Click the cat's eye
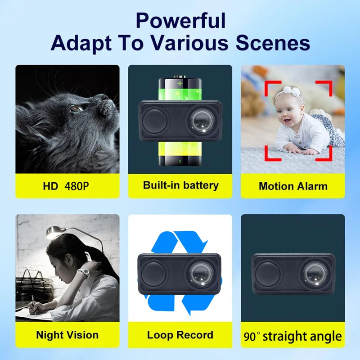click(74, 108)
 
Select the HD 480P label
click(67, 185)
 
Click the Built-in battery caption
click(180, 185)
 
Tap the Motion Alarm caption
click(293, 186)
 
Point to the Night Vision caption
click(67, 335)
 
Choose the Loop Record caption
click(180, 335)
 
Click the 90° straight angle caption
click(293, 336)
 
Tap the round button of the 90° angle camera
click(269, 274)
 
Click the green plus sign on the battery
click(180, 84)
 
